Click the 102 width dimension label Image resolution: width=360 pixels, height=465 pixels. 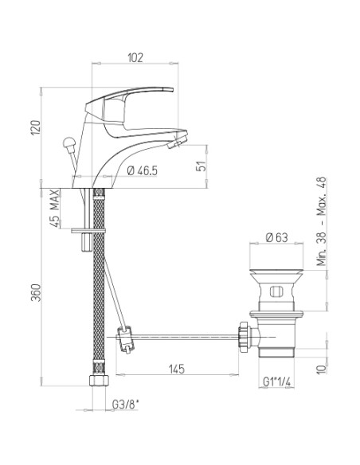pos(135,57)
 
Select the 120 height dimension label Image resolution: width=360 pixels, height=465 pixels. pos(36,127)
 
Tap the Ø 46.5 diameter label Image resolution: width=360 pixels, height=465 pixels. pos(142,170)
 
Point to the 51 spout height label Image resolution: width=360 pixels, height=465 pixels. pos(201,166)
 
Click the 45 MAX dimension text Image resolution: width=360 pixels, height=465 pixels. pos(55,208)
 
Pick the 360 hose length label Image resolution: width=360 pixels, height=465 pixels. pos(36,293)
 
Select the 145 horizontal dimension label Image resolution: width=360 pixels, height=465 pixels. pos(177,369)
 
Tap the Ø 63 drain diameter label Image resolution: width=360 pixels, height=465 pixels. pos(276,237)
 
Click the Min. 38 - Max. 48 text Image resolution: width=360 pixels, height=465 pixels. pos(321,221)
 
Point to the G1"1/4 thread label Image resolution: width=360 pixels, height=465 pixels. pos(276,382)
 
